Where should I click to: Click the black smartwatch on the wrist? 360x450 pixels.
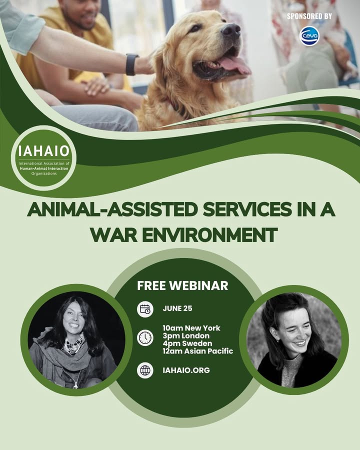[x=131, y=64]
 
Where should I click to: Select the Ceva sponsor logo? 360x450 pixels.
[x=309, y=36]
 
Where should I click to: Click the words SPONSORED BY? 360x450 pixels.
[x=309, y=16]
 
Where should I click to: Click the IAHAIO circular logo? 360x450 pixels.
[x=43, y=158]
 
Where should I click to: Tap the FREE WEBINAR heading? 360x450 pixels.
[x=182, y=285]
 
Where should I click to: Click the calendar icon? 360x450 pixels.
[x=145, y=309]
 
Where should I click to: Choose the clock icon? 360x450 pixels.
[x=145, y=337]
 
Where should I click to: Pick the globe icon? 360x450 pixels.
[x=145, y=370]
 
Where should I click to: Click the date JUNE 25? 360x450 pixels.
[x=177, y=308]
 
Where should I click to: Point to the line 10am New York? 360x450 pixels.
[x=191, y=328]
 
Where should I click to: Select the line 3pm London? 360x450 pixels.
[x=186, y=336]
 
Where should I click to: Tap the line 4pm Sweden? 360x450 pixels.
[x=187, y=343]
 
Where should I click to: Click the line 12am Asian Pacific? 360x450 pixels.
[x=198, y=351]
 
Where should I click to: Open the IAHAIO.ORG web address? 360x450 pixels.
[x=186, y=370]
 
